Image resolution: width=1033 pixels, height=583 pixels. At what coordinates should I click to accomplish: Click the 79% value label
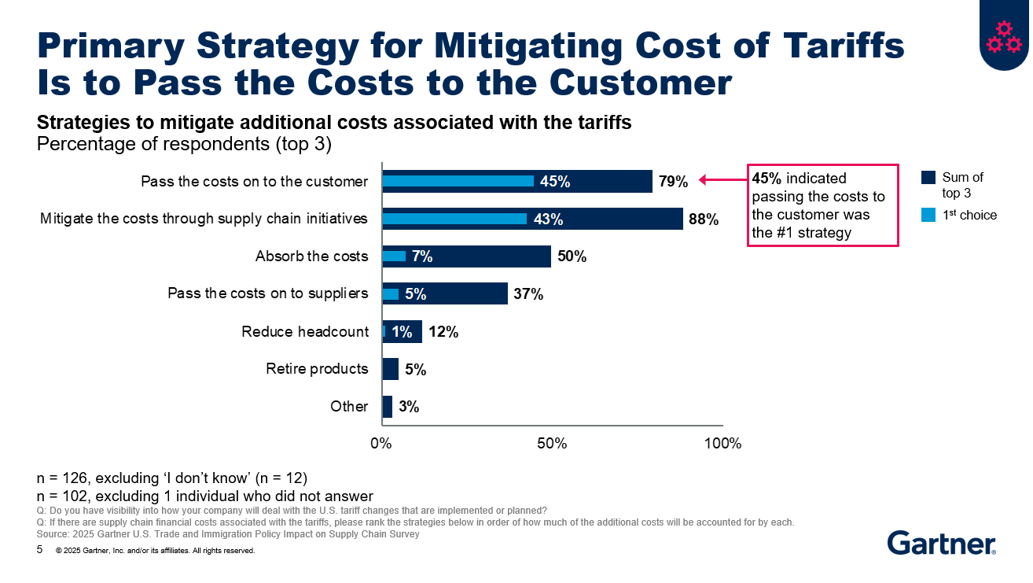[673, 182]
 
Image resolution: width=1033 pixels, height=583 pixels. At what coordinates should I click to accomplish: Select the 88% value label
[703, 220]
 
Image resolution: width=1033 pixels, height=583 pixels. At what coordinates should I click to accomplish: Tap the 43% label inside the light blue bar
[548, 220]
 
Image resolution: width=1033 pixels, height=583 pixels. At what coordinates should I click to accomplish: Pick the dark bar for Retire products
[391, 369]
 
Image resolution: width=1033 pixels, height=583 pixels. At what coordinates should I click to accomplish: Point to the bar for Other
[387, 407]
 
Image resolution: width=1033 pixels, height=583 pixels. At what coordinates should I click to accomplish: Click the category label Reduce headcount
[304, 331]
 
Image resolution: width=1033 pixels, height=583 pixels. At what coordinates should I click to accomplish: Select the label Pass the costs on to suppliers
[267, 293]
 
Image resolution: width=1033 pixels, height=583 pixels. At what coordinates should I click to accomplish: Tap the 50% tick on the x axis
[552, 444]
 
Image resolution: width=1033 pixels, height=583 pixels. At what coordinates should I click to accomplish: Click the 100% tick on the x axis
[722, 444]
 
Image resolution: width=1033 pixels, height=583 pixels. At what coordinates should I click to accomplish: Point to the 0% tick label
[381, 444]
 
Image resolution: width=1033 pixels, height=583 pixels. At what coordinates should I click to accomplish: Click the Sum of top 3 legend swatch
[928, 178]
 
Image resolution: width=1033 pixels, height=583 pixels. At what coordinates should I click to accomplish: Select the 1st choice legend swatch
[928, 215]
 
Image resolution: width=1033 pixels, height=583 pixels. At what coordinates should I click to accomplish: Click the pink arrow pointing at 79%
[721, 181]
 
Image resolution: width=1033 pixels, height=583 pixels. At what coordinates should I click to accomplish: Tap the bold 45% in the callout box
[767, 179]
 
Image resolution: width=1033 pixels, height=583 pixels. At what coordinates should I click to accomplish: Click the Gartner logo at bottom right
[941, 543]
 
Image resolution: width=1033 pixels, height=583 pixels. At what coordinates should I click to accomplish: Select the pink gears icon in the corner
[1003, 37]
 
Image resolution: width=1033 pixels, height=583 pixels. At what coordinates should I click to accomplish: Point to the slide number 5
[40, 550]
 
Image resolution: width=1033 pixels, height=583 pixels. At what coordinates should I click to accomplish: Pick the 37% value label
[528, 294]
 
